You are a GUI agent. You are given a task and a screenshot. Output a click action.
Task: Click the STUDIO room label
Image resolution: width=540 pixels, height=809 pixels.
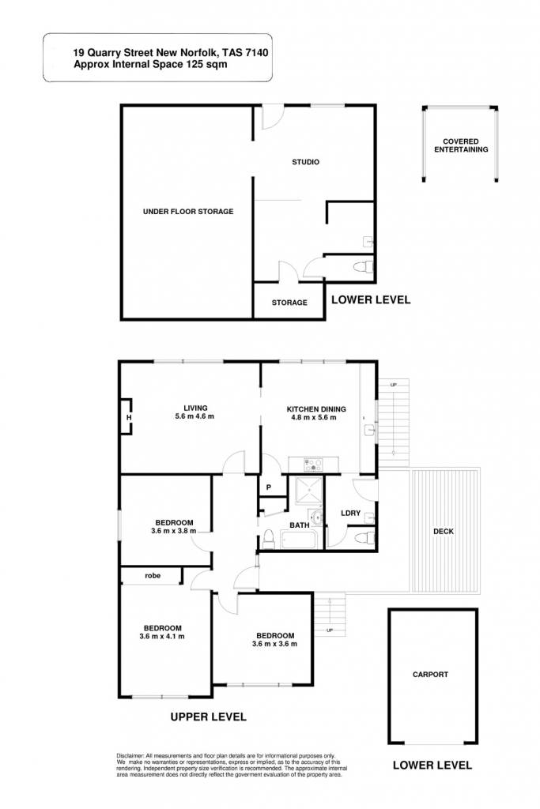[x=306, y=162]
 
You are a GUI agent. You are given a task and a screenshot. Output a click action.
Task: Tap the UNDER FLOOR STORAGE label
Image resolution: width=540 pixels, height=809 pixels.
[x=188, y=212]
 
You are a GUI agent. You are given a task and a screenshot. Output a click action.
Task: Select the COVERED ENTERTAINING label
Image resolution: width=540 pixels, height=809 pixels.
[x=461, y=145]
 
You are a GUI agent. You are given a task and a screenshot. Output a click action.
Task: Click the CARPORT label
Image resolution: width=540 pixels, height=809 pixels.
[x=431, y=675]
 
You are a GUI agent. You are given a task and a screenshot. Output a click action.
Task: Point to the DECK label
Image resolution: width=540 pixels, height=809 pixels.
[x=444, y=532]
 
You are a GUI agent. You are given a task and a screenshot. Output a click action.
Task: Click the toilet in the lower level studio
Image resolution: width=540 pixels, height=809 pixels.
[x=364, y=267]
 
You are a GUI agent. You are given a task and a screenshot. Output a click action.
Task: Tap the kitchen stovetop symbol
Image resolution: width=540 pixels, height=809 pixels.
[x=313, y=465]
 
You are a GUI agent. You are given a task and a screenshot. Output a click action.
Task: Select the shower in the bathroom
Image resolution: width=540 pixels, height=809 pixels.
[x=308, y=491]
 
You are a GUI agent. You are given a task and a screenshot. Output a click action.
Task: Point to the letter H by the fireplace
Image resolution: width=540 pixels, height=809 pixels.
[x=129, y=418]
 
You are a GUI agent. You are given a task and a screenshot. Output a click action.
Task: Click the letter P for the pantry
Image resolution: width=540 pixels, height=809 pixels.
[x=269, y=487]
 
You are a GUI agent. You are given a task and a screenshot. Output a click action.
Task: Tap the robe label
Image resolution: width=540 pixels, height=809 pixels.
[x=153, y=576]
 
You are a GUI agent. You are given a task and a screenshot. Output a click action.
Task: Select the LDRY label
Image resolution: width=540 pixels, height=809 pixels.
[x=350, y=514]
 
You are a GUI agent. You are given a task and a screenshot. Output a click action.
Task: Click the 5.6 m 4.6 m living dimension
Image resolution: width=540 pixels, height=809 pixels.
[x=194, y=416]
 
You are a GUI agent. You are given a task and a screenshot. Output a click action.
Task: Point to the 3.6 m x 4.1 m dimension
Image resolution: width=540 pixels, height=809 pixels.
[x=162, y=637]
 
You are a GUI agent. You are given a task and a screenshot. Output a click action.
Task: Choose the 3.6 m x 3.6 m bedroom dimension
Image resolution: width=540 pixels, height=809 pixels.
[x=274, y=644]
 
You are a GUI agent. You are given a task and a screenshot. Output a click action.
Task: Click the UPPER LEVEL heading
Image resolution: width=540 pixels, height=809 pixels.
[x=209, y=717]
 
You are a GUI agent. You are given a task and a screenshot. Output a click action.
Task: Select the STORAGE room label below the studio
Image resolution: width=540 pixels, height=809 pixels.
[x=289, y=303]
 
